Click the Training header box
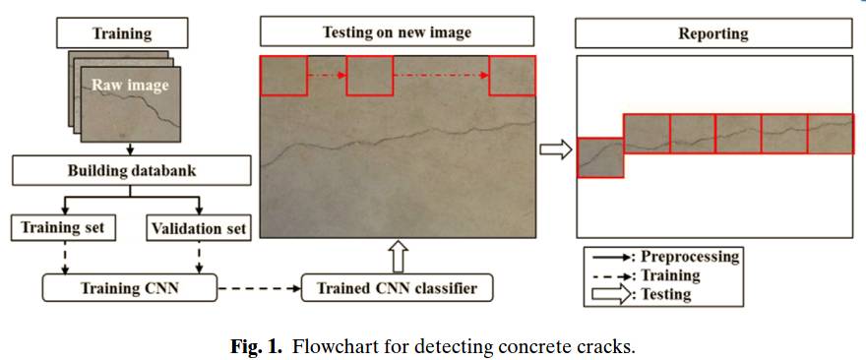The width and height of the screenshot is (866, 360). click(x=122, y=33)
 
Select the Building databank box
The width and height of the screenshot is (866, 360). click(x=132, y=170)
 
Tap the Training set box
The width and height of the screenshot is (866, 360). click(x=63, y=227)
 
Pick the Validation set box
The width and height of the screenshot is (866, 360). click(x=199, y=227)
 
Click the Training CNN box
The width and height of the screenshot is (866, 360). click(x=129, y=287)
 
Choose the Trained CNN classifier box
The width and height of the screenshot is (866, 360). click(x=397, y=287)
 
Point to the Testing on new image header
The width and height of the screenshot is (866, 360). click(x=398, y=32)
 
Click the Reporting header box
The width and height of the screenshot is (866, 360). click(x=713, y=33)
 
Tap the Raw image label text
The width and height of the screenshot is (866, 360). click(x=130, y=86)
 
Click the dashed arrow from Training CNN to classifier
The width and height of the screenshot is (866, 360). click(x=260, y=287)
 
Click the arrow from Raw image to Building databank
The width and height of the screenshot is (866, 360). click(x=130, y=149)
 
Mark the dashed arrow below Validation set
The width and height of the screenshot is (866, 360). click(x=199, y=258)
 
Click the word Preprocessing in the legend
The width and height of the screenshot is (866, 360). click(x=690, y=257)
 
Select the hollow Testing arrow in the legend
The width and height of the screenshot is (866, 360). click(x=611, y=294)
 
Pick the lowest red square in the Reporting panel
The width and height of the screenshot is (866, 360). click(x=600, y=157)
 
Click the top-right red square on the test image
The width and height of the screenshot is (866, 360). click(x=512, y=76)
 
